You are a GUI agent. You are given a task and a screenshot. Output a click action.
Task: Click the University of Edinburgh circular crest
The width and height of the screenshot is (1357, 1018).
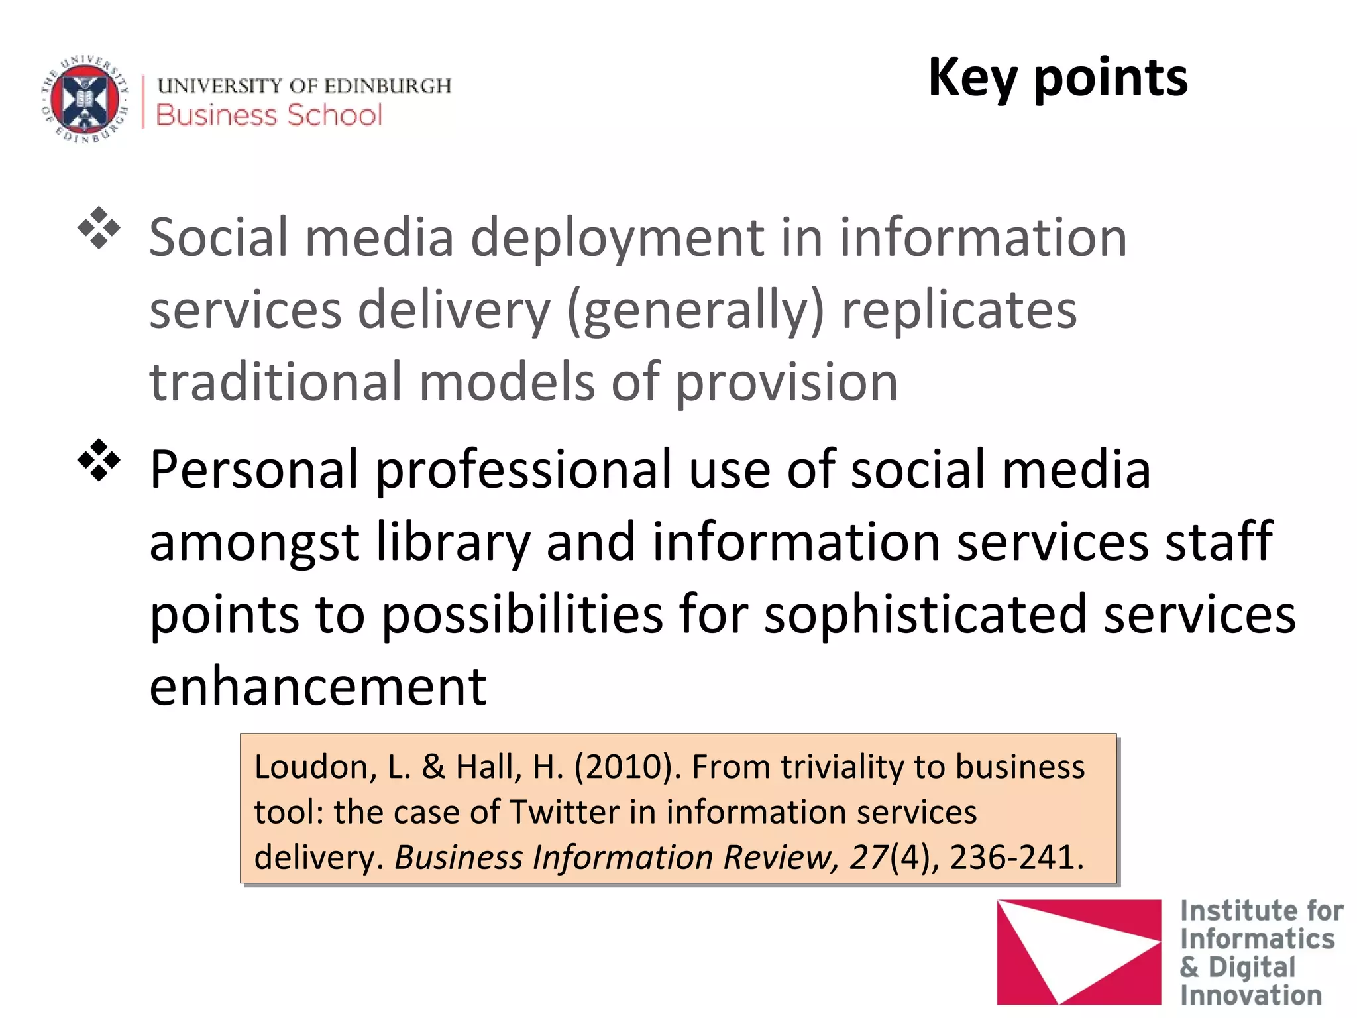[x=85, y=99]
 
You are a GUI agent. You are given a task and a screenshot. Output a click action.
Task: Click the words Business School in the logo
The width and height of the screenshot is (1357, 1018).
[x=269, y=115]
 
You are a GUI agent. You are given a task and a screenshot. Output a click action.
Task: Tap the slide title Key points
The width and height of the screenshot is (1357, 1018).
[x=1058, y=78]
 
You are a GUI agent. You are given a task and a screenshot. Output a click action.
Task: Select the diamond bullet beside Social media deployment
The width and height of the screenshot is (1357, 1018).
[x=99, y=229]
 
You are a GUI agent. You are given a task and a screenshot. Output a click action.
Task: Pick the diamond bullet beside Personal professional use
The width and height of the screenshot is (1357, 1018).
[x=99, y=460]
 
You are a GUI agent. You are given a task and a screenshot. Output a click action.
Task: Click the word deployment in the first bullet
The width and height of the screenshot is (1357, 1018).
[x=617, y=239]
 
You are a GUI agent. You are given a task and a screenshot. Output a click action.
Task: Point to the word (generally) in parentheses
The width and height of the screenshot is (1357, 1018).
[x=696, y=311]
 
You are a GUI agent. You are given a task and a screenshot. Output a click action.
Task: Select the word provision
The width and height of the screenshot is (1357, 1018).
[x=787, y=384]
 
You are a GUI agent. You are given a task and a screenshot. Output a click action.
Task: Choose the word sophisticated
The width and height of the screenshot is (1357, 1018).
[x=925, y=615]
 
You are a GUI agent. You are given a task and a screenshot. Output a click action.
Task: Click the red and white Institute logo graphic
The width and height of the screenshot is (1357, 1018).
[x=1078, y=951]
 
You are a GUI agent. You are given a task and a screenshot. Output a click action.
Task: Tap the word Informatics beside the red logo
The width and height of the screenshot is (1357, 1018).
[x=1257, y=939]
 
